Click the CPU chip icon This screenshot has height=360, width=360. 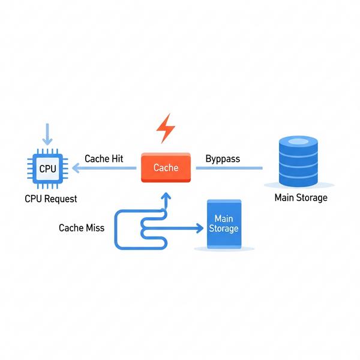click(47, 169)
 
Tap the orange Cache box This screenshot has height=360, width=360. click(166, 167)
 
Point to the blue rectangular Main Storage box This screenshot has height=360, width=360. click(223, 224)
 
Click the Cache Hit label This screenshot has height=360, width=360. click(104, 158)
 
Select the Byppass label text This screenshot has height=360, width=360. click(223, 158)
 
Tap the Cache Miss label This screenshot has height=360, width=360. click(81, 228)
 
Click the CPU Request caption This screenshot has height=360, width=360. click(51, 198)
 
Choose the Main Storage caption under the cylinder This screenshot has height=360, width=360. click(301, 197)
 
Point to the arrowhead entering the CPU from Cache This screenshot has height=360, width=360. click(76, 169)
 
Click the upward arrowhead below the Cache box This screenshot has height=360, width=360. click(166, 196)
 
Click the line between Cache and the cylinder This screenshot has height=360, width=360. click(230, 168)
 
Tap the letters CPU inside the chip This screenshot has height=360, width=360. click(47, 169)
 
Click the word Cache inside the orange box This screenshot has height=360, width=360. click(166, 167)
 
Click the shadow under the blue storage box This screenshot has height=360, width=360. click(223, 248)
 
